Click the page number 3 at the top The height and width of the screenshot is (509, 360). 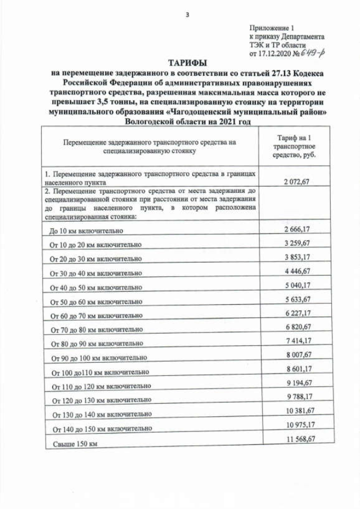[187, 15]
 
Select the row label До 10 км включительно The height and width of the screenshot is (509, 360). [93, 231]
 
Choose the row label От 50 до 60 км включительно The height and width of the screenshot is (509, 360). [96, 302]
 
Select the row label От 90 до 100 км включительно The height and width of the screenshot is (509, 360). [100, 358]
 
